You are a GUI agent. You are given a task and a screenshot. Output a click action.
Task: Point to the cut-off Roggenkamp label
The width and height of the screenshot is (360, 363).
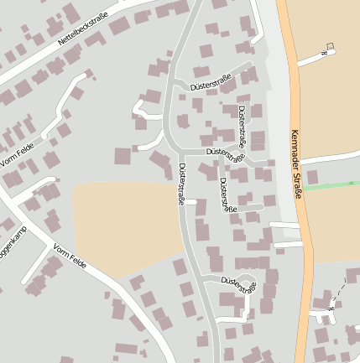click(13, 244)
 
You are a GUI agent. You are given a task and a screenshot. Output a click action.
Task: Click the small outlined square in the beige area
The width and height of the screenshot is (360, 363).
click(330, 46)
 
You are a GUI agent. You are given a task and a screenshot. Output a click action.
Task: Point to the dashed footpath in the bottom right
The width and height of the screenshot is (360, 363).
click(337, 293)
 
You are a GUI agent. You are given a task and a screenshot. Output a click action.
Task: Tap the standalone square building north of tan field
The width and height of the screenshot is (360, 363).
click(123, 156)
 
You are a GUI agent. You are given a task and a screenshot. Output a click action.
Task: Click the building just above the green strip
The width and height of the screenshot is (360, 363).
click(313, 177)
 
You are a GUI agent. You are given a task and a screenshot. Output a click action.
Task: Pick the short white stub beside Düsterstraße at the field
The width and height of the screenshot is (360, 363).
click(190, 202)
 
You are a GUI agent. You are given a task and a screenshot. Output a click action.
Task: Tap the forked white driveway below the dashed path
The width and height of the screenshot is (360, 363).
click(323, 314)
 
